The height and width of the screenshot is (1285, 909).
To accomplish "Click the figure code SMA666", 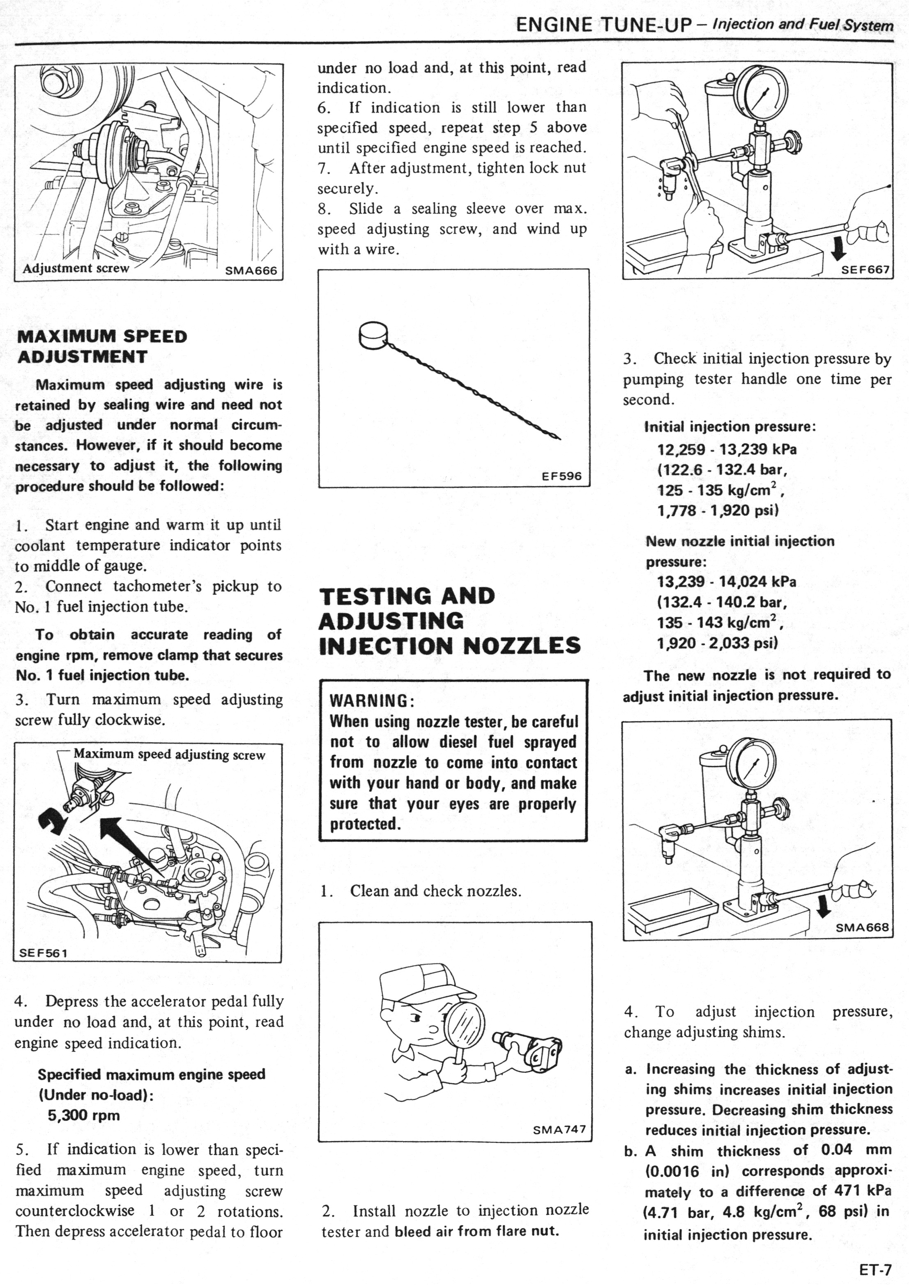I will pyautogui.click(x=251, y=271).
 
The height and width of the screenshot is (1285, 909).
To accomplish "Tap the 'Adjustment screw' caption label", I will pyautogui.click(x=76, y=268).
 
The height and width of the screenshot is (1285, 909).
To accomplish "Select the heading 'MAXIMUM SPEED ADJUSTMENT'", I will pyautogui.click(x=102, y=346).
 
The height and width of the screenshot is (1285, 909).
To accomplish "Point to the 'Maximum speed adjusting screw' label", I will pyautogui.click(x=169, y=754).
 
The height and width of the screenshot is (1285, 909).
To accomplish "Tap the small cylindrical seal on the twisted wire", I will pyautogui.click(x=372, y=334).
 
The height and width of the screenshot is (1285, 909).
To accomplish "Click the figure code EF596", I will pyautogui.click(x=562, y=476).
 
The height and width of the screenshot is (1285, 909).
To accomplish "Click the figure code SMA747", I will pyautogui.click(x=559, y=1129).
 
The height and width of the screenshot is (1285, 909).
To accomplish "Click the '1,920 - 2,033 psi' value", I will pyautogui.click(x=718, y=643).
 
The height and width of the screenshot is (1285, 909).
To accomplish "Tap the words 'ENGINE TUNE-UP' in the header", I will pyautogui.click(x=604, y=25).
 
